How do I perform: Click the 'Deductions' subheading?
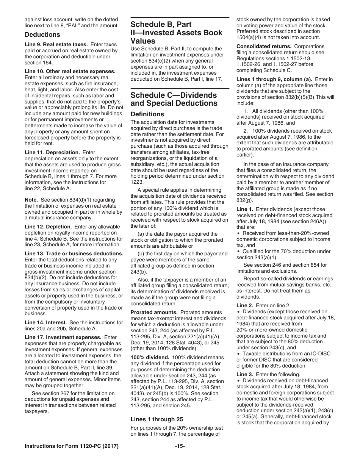pos(42,35)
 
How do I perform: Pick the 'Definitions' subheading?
pos(147,114)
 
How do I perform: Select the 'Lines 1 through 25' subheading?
pos(157,419)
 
